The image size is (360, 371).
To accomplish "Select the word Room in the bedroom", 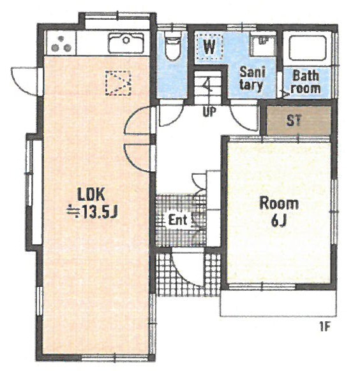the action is [279, 203].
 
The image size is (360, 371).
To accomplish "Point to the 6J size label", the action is [279, 221].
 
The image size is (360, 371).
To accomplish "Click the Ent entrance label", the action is [177, 220].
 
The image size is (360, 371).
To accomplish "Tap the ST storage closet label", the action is [294, 120].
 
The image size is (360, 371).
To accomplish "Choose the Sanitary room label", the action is [252, 78].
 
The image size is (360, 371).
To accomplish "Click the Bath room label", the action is [306, 82].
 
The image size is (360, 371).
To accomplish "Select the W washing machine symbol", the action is [209, 47].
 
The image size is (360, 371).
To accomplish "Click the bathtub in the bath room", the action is [308, 48].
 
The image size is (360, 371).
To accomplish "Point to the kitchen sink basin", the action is [126, 43].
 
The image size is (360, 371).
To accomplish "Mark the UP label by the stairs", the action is [209, 112].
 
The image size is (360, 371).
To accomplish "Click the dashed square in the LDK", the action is [118, 83].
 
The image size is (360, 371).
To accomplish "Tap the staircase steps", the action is [209, 88].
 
